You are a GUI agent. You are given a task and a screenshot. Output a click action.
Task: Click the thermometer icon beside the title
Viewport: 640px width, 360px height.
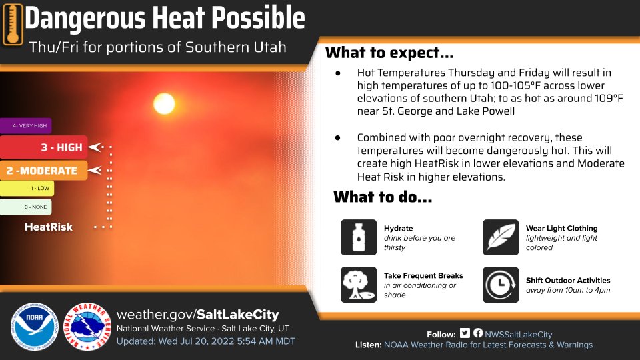13,25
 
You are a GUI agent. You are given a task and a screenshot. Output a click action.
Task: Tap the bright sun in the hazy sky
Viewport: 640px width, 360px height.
164,103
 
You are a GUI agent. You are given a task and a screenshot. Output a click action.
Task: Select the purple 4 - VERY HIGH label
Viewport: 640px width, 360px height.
26,126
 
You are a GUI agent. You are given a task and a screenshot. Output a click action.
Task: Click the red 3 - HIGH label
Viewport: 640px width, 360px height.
44,147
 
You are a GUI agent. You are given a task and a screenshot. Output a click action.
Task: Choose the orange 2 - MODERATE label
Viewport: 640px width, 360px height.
44,171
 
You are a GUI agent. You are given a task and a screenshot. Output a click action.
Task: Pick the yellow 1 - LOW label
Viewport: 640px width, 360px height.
27,188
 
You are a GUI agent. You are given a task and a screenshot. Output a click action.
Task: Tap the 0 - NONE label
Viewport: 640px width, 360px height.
26,207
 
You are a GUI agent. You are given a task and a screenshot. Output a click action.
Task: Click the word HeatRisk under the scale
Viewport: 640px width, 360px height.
49,227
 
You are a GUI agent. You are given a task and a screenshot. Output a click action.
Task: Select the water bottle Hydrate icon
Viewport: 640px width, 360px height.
359,237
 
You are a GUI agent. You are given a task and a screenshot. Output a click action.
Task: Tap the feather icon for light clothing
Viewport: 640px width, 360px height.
501,237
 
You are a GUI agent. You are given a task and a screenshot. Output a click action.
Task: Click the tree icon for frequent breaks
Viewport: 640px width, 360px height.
359,285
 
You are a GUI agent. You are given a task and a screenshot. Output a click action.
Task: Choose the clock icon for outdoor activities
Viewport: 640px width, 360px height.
501,285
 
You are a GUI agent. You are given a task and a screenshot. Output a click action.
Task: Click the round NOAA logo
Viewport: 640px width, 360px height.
35,327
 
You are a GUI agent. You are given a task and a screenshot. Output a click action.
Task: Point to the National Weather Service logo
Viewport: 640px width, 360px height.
87,327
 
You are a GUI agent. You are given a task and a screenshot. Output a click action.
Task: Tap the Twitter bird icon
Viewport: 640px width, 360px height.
465,333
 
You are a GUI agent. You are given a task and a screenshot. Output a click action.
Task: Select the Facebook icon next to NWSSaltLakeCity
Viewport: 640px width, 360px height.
478,333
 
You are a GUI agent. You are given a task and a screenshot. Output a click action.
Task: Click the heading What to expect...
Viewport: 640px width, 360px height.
389,53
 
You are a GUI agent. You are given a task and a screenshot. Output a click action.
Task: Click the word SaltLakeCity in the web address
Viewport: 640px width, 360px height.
238,315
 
